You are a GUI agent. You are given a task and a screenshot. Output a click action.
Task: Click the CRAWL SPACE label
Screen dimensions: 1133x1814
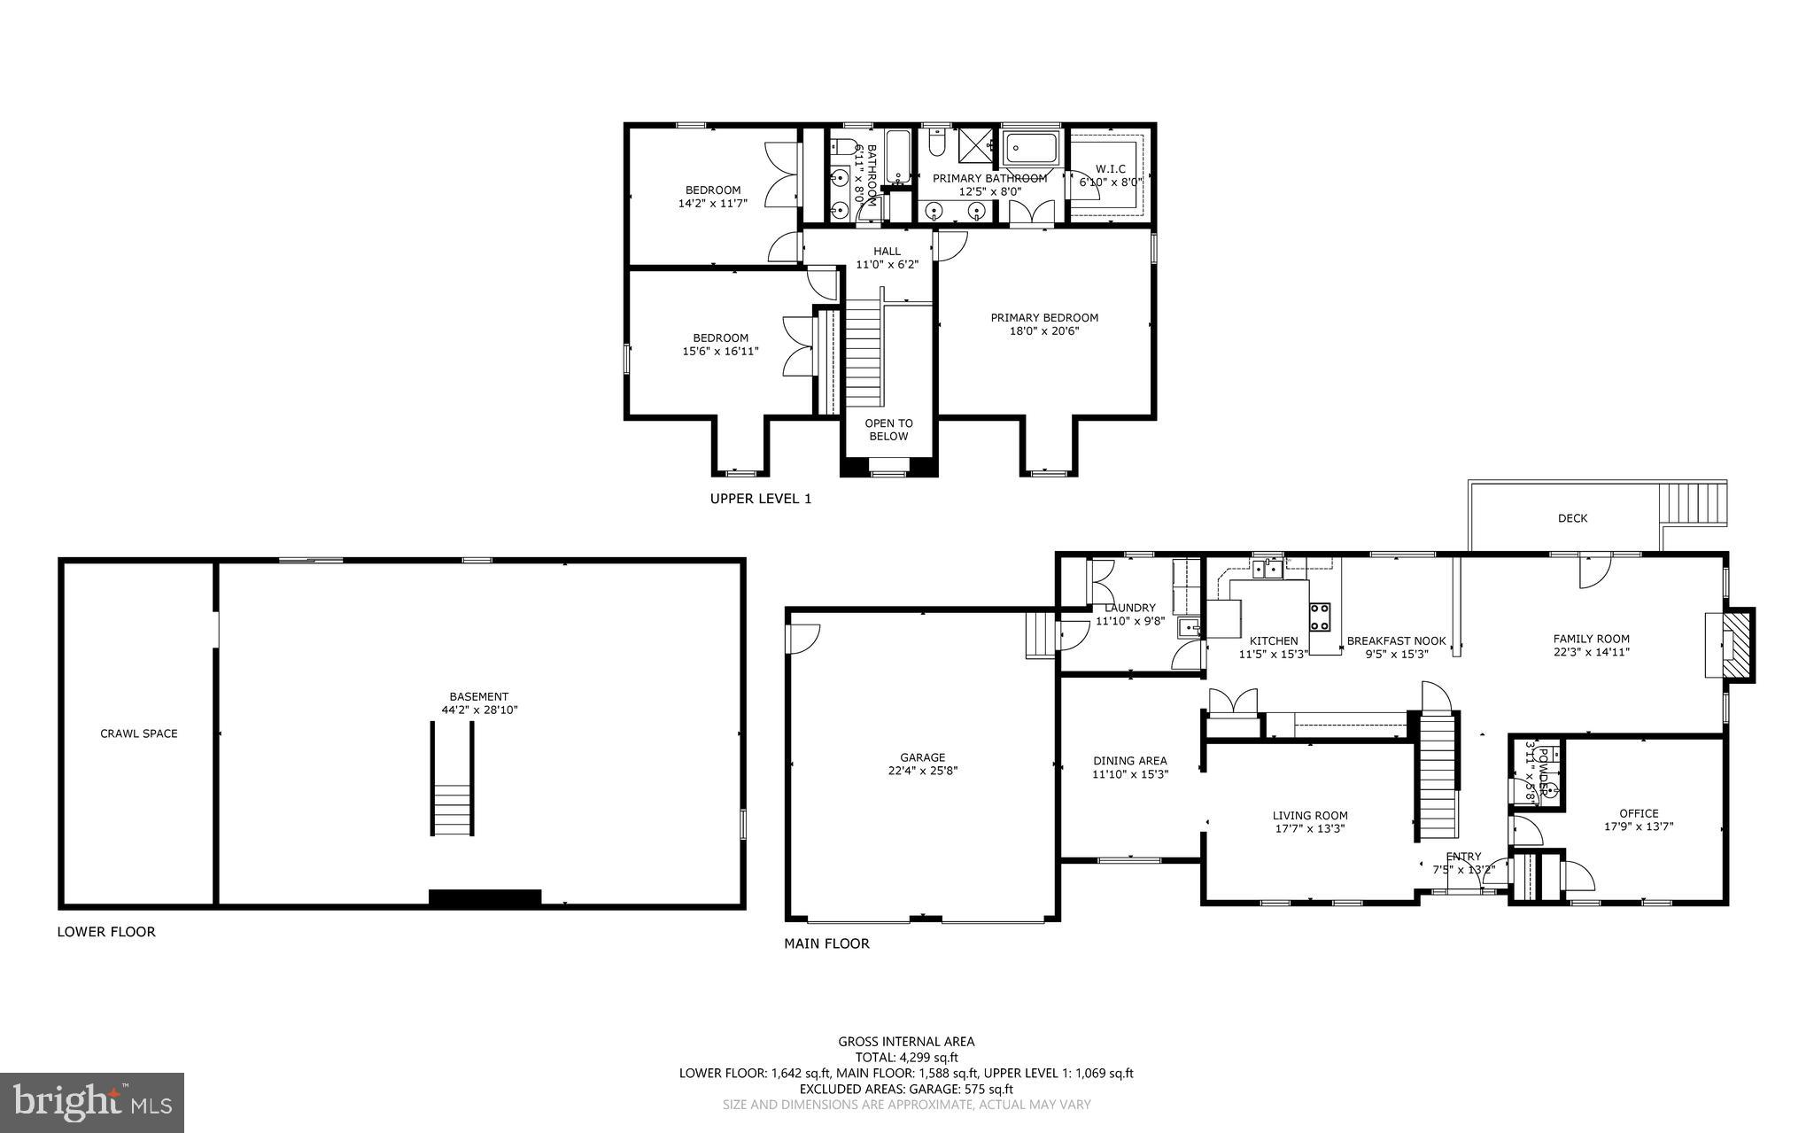tap(139, 733)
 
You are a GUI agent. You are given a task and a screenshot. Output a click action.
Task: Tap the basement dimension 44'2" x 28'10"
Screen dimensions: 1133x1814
tap(479, 710)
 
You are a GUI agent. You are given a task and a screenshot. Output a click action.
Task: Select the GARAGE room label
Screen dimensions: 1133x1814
tap(922, 757)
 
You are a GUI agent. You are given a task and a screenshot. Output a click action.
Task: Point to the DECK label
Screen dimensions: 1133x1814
tap(1572, 518)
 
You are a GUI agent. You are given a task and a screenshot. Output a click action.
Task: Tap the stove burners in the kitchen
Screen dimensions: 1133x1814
tap(1319, 616)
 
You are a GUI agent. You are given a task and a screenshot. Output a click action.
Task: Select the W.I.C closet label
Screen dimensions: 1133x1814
tap(1110, 168)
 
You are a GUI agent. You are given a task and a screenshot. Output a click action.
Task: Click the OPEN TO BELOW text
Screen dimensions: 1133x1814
tap(888, 430)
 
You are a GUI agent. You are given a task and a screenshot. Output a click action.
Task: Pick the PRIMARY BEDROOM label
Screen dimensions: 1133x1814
tap(1044, 318)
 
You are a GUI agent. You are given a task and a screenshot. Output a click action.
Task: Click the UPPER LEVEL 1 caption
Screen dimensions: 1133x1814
tap(761, 499)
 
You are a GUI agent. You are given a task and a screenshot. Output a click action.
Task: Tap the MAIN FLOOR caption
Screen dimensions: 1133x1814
tap(826, 943)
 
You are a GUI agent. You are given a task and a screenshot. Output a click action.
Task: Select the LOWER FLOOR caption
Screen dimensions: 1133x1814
tap(106, 932)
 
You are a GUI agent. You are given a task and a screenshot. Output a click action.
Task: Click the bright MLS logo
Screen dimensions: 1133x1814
tap(92, 1102)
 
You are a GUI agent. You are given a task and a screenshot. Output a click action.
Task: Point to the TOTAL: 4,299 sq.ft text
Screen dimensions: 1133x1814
tap(906, 1057)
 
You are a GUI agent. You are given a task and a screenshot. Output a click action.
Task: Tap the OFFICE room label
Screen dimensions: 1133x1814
tap(1639, 813)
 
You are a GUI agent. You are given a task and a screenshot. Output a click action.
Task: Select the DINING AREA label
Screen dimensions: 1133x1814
tap(1129, 760)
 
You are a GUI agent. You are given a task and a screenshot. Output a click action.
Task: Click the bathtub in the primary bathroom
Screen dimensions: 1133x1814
tap(1030, 147)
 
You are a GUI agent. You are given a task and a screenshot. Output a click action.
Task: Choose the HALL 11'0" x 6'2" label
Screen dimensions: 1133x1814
tap(887, 258)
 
